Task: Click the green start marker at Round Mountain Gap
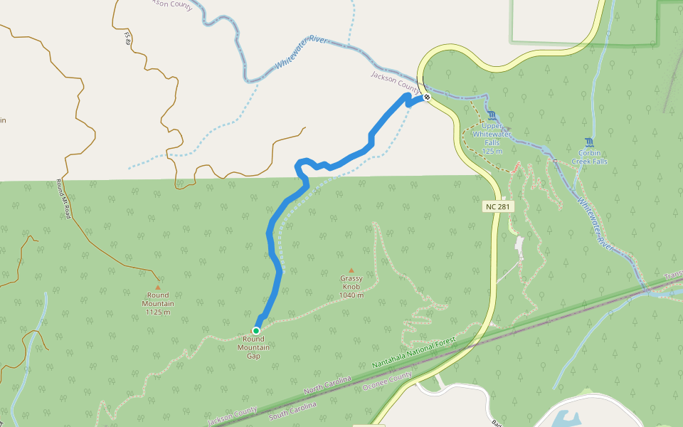pyautogui.click(x=256, y=331)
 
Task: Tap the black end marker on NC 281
pyautogui.click(x=427, y=97)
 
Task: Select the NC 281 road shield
pyautogui.click(x=497, y=206)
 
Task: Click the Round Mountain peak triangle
pyautogui.click(x=158, y=288)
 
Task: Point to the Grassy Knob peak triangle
pyautogui.click(x=351, y=270)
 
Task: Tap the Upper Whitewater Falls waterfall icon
pyautogui.click(x=492, y=116)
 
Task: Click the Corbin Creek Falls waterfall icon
pyautogui.click(x=589, y=142)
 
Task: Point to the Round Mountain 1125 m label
pyautogui.click(x=158, y=304)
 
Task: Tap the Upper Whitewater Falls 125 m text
pyautogui.click(x=492, y=138)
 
